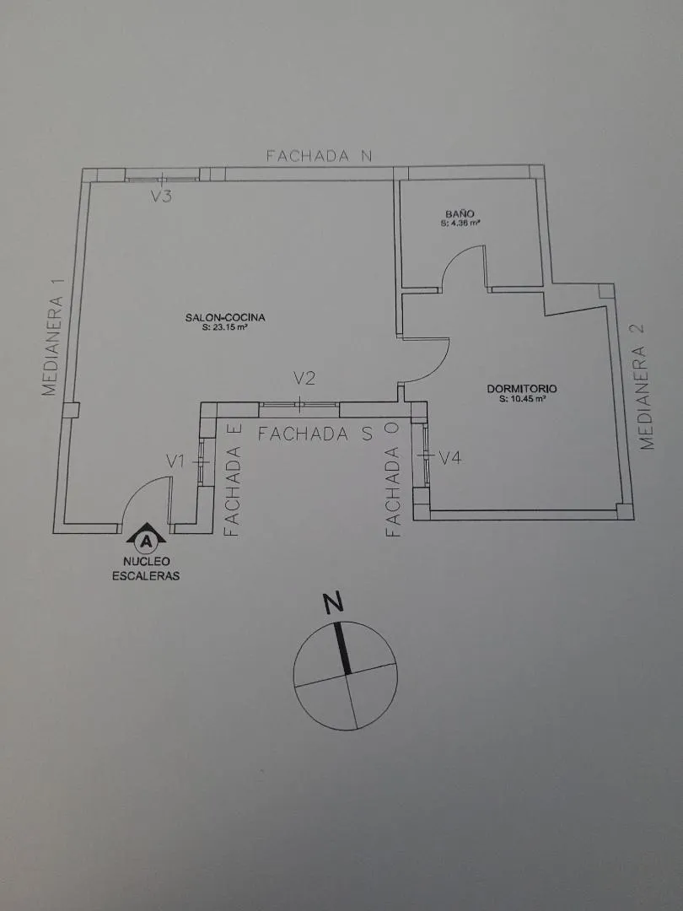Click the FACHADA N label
[x=318, y=156]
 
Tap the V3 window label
[x=161, y=197]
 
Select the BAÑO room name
[x=460, y=213]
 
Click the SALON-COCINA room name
[x=225, y=317]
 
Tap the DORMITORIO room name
[x=522, y=389]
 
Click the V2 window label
[x=304, y=379]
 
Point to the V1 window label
[x=175, y=462]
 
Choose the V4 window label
[x=450, y=458]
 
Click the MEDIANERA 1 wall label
[x=52, y=346]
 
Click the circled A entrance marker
[x=147, y=542]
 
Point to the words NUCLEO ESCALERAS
[x=146, y=569]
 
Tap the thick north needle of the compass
[x=342, y=649]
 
